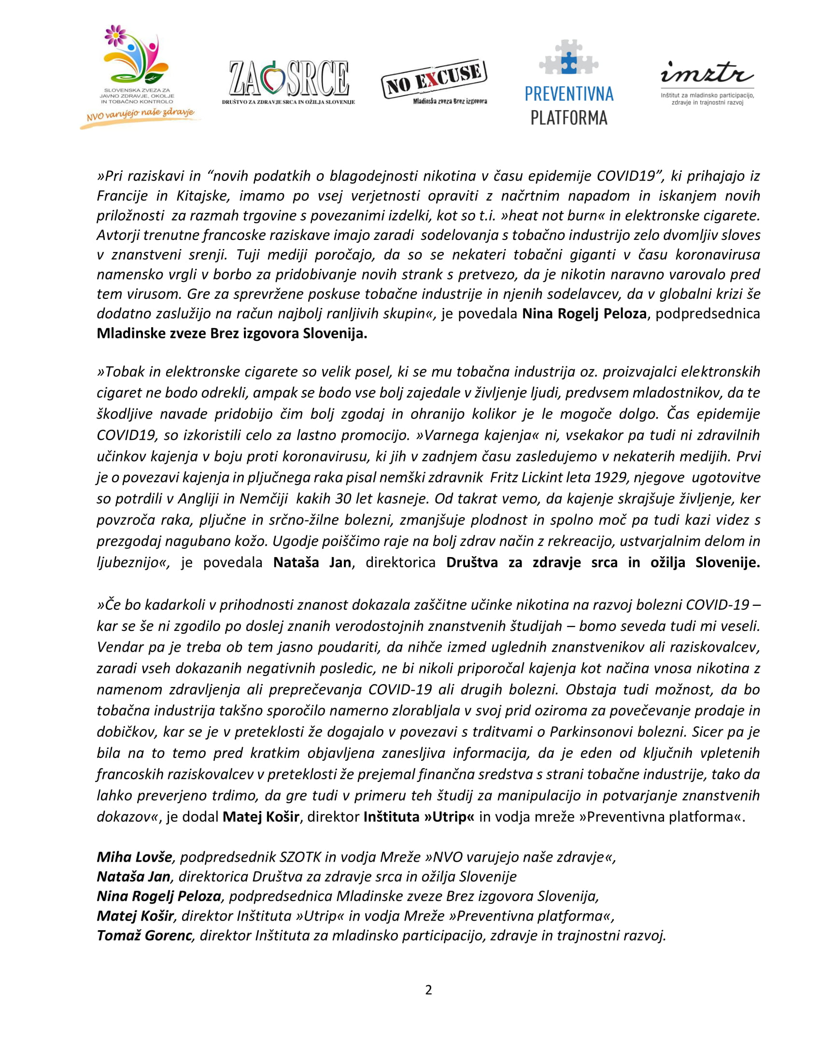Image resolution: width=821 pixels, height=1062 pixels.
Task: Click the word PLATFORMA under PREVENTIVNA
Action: [x=568, y=118]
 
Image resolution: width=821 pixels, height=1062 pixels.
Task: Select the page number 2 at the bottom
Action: [x=428, y=990]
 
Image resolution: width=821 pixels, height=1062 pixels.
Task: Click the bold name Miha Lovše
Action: [x=134, y=857]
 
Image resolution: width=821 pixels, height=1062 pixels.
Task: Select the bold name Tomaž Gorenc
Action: [x=144, y=935]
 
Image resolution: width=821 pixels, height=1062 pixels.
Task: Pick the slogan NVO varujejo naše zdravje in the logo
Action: [x=140, y=115]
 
